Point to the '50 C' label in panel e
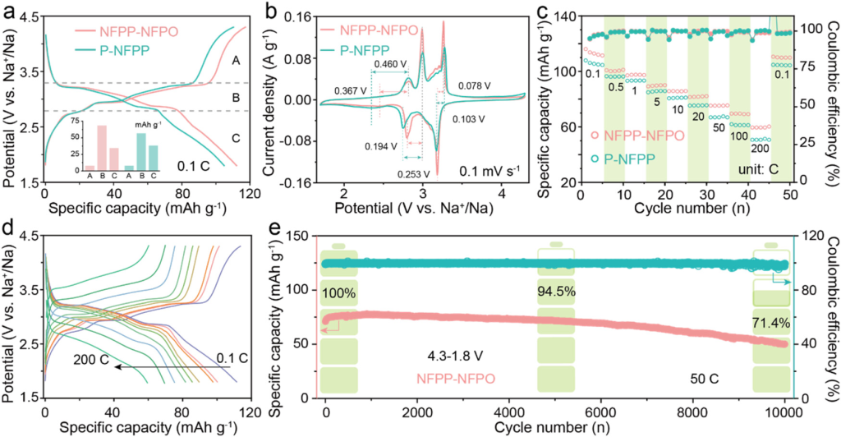704,379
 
